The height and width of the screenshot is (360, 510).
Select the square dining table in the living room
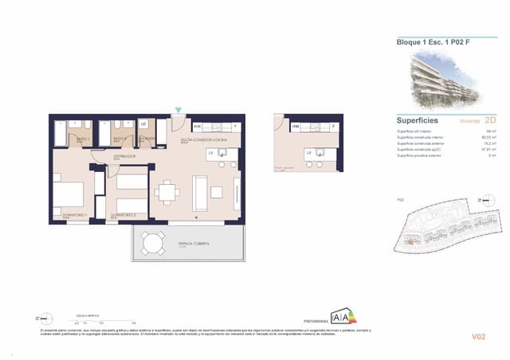[x=168, y=191]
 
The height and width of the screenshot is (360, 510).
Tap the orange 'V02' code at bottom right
[x=478, y=337]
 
